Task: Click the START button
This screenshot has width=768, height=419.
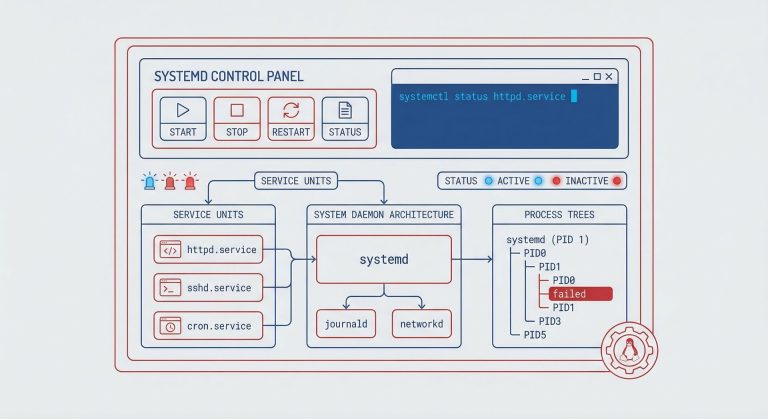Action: [x=183, y=118]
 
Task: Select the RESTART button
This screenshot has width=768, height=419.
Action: [x=291, y=118]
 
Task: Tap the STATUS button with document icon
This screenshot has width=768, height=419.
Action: [x=345, y=118]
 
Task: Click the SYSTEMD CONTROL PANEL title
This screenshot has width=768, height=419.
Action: [x=229, y=76]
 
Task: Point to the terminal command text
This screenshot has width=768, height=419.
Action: [x=482, y=97]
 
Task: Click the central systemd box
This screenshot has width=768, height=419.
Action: [x=384, y=260]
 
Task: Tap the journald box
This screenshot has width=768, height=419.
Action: [x=345, y=324]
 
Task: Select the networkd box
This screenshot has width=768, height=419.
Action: [x=421, y=324]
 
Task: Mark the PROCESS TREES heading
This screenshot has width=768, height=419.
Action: [x=559, y=215]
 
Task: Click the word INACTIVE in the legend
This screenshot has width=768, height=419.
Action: [x=586, y=181]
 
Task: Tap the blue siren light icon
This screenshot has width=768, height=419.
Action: [x=150, y=181]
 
